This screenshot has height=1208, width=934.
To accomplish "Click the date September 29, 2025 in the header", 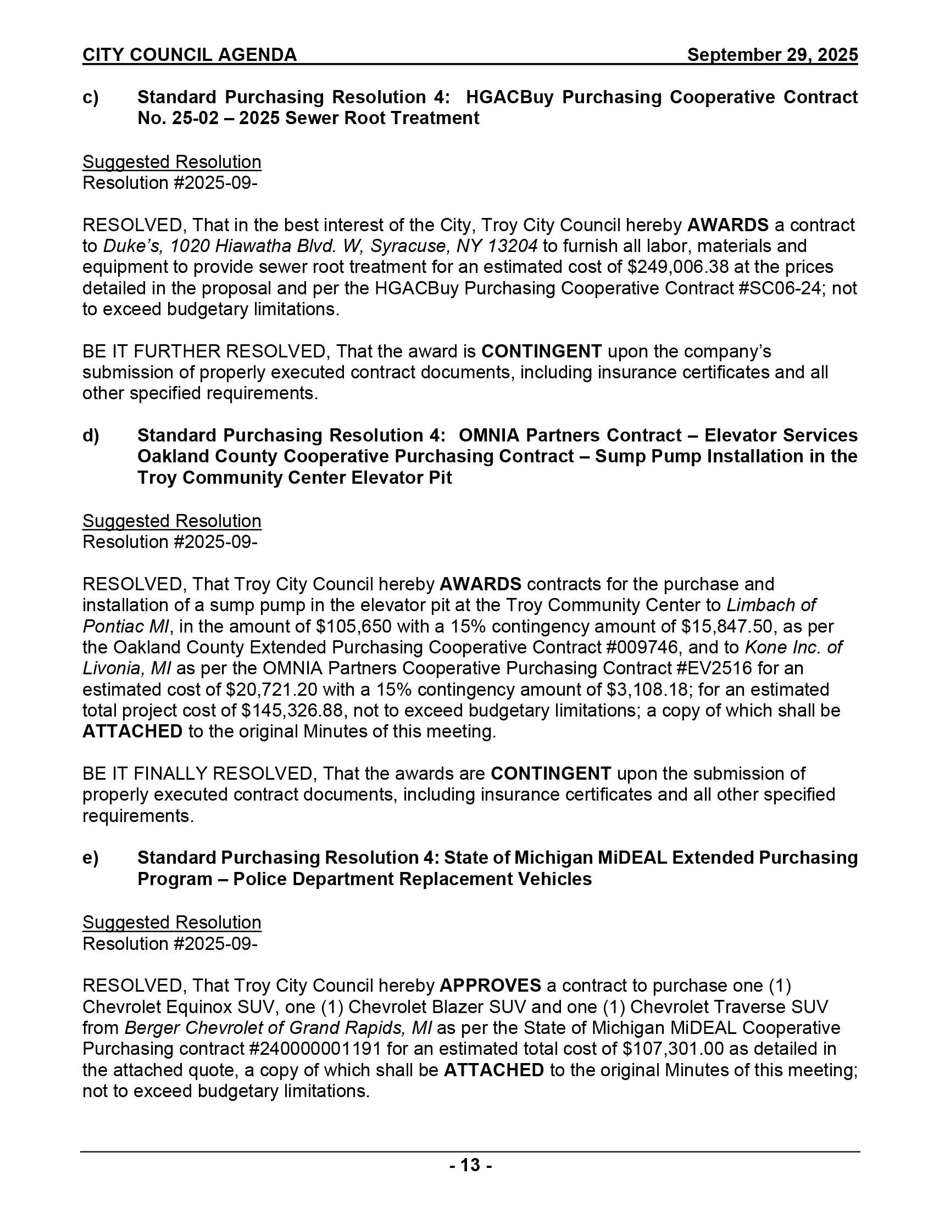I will [x=772, y=55].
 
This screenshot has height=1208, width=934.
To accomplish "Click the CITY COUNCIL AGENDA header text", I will [x=190, y=55].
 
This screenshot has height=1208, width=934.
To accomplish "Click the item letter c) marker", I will [x=91, y=97].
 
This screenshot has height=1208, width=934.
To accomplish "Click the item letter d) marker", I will [x=91, y=435].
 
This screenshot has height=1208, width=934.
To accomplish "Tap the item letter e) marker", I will [x=91, y=857].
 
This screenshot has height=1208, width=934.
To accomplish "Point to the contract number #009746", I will [x=691, y=647].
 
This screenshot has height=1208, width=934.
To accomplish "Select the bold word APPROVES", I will [x=490, y=986].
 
